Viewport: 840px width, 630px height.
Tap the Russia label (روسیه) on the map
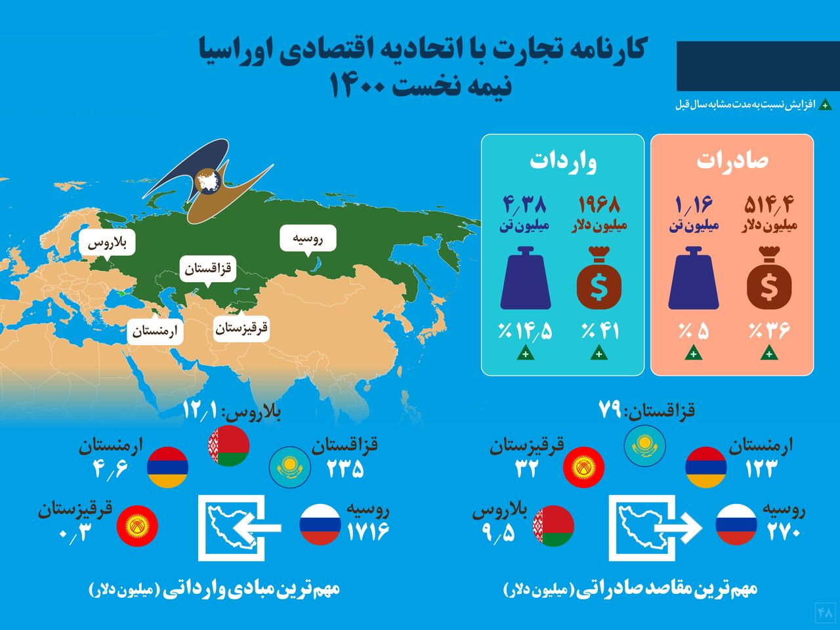308,239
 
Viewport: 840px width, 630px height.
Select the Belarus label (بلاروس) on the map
107,243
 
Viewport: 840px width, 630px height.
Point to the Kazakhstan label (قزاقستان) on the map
208,269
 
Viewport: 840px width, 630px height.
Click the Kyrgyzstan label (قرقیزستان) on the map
241,328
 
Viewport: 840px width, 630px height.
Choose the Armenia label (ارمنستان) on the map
155,331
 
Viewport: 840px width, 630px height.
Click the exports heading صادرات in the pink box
732,161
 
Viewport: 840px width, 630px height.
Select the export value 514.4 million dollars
769,205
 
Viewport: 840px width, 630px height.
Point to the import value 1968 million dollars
599,205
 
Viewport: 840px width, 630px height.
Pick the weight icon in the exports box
694,278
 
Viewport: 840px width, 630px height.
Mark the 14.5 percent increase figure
525,331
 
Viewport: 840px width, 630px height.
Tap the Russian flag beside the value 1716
320,524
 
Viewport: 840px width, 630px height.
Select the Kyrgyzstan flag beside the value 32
583,467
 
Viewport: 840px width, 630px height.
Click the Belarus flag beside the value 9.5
553,526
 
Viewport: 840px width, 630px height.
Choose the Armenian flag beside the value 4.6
167,467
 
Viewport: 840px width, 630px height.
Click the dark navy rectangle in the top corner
758,66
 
